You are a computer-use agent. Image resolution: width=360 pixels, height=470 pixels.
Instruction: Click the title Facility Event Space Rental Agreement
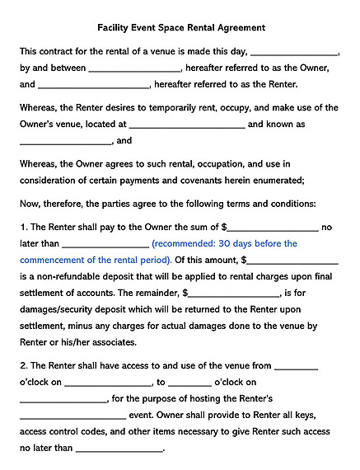click(x=179, y=26)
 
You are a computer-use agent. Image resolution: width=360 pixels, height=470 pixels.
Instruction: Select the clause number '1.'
click(x=23, y=227)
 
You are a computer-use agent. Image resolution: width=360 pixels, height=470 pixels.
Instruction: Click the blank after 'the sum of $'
click(x=273, y=228)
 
